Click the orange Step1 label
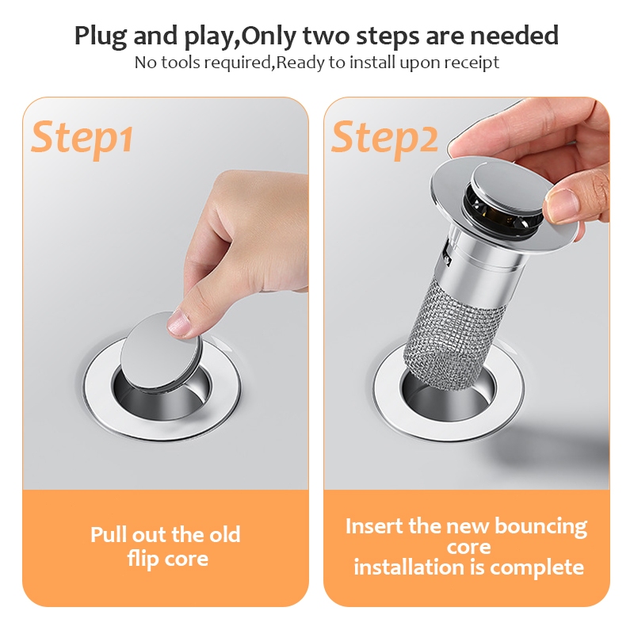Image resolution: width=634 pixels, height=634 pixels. [x=82, y=139]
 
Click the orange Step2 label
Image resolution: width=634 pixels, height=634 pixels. [x=384, y=139]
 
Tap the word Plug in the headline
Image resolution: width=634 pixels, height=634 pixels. [x=101, y=36]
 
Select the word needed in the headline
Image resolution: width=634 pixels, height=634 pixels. [x=514, y=35]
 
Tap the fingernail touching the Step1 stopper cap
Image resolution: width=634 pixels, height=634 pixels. [x=178, y=323]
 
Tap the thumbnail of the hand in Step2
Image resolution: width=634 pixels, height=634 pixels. [x=562, y=204]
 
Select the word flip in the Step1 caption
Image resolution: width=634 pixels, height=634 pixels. [x=142, y=560]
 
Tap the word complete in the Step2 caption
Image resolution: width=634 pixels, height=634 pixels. [x=537, y=567]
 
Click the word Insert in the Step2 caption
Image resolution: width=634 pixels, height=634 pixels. [x=375, y=526]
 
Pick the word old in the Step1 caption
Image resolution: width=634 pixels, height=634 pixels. [x=225, y=534]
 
